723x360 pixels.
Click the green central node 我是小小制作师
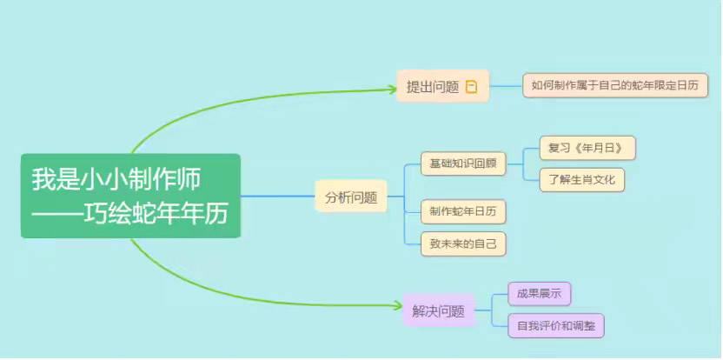[130, 195]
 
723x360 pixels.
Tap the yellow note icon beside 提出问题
[472, 86]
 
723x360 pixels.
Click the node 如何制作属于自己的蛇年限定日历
[615, 85]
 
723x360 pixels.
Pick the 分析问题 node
[351, 197]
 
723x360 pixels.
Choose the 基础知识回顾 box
[457, 163]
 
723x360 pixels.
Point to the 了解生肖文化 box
[581, 180]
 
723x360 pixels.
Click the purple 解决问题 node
[439, 310]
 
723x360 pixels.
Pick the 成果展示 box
[539, 294]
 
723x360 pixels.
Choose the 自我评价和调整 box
[556, 327]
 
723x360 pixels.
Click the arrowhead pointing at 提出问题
[391, 86]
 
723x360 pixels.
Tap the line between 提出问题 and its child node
[506, 86]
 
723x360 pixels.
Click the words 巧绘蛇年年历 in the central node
[156, 213]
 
